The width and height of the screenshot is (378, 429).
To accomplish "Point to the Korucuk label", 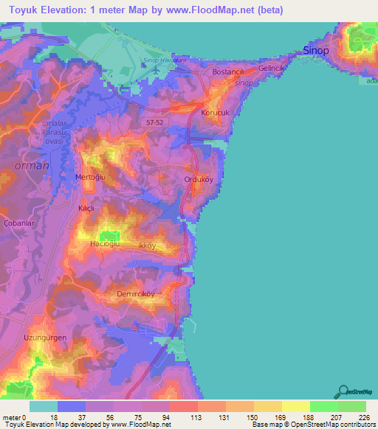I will click(216, 113).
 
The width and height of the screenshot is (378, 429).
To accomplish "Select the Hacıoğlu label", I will click(105, 243).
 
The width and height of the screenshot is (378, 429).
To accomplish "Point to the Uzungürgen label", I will click(45, 337).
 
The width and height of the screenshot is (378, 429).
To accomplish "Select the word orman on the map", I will click(32, 166).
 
